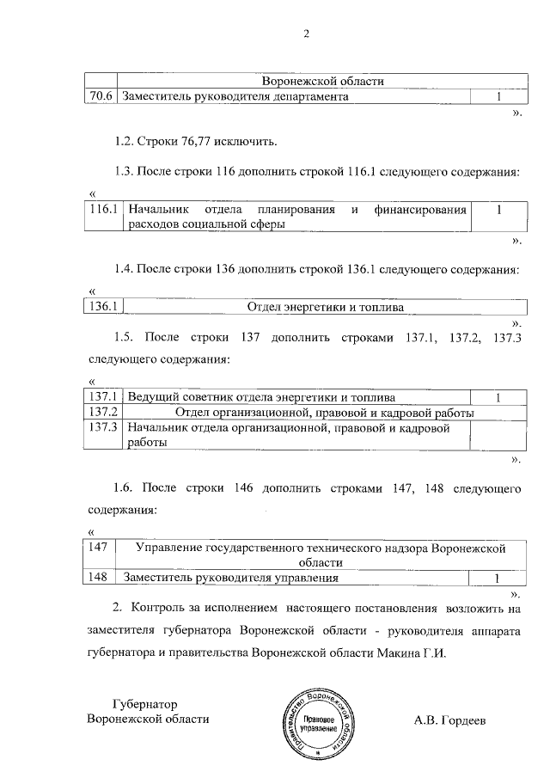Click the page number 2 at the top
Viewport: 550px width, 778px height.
pos(305,34)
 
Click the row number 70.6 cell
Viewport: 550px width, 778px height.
pos(101,97)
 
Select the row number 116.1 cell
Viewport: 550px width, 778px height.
pos(103,209)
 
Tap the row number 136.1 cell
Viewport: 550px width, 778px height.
pos(103,306)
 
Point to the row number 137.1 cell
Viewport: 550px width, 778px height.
pos(103,397)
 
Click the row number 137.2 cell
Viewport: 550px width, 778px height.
pos(103,413)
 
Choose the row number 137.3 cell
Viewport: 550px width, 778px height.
pos(103,427)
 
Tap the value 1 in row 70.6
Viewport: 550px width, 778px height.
pos(498,97)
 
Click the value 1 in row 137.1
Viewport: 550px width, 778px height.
pos(498,397)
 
